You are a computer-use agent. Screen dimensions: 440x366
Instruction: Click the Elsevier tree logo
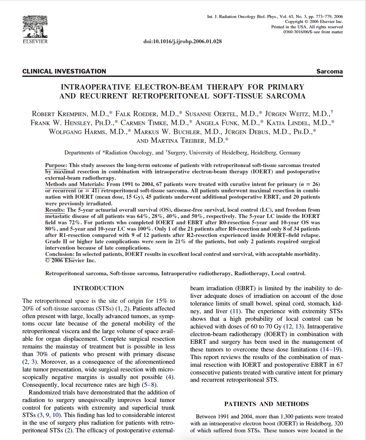click(35, 27)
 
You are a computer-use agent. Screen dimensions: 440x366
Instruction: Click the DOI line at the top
click(183, 41)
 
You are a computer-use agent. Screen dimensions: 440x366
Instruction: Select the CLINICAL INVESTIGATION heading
click(64, 71)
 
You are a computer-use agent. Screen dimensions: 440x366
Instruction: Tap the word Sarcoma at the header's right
click(329, 71)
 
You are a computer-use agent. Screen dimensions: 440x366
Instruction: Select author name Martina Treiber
click(189, 140)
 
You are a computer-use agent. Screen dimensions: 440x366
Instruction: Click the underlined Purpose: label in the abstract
click(56, 165)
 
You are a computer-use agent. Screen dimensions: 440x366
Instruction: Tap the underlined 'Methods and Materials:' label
click(75, 184)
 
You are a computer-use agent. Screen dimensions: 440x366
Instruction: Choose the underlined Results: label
click(55, 210)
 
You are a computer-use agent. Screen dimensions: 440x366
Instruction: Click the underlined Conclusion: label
click(60, 254)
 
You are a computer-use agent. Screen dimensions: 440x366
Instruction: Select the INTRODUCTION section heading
click(99, 288)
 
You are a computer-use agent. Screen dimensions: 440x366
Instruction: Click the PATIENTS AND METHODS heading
click(266, 404)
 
